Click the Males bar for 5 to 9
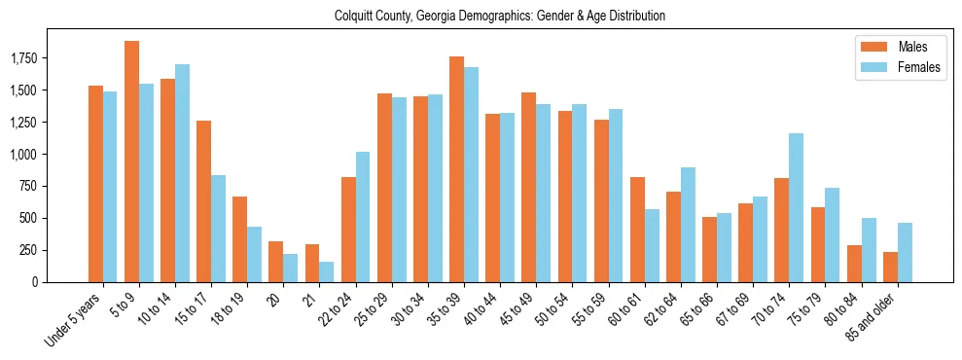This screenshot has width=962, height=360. (131, 162)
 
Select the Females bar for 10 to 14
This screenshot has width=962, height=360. (182, 173)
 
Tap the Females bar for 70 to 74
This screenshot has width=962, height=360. (797, 207)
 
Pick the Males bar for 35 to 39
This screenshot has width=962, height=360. (456, 169)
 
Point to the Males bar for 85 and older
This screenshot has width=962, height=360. (890, 267)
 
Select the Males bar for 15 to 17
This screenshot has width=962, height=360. (203, 201)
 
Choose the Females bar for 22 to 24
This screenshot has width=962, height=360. (363, 217)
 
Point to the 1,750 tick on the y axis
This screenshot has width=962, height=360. (49, 59)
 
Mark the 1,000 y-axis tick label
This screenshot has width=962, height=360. (49, 155)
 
